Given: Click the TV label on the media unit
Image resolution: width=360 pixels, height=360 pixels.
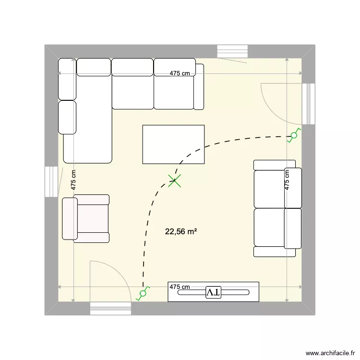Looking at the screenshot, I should pos(213,292).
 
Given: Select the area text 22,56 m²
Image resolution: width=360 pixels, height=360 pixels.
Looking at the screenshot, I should pos(181,231).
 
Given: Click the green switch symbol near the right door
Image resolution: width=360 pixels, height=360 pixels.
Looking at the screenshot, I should pos(293,136).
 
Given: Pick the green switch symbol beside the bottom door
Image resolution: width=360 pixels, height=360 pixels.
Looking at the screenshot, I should pos(143,293).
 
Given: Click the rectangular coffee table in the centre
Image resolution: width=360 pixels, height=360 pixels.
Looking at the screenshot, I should pos(173,144).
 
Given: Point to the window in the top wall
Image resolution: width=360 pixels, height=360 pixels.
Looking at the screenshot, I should pos(232,51).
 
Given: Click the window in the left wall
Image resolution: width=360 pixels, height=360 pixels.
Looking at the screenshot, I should pos(51,181).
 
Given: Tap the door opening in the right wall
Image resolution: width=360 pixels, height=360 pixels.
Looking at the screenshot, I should pos(308,104).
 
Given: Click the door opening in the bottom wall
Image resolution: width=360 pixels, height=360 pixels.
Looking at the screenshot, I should pos(110,308).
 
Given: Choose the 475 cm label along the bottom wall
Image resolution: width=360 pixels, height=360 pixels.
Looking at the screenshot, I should pos(180,287).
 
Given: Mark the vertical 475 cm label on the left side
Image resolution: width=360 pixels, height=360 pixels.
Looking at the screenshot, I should pos(73,180).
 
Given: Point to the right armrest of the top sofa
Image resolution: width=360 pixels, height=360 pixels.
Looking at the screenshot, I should pos(199,86).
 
